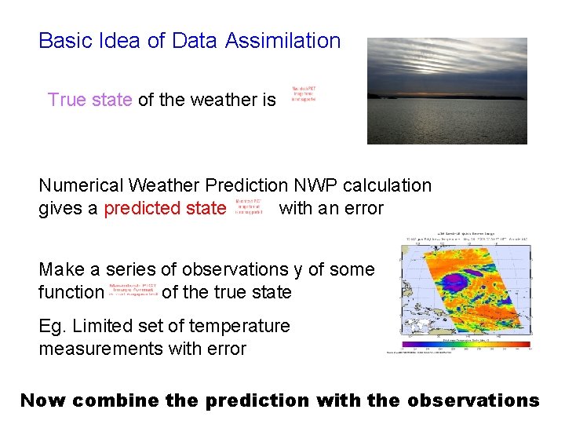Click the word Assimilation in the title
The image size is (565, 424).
coord(282,41)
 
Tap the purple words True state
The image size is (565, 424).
coord(89,100)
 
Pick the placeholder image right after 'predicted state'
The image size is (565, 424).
coord(249,207)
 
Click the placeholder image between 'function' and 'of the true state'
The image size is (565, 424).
coord(133,291)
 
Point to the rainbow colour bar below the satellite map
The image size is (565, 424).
coord(465,344)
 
